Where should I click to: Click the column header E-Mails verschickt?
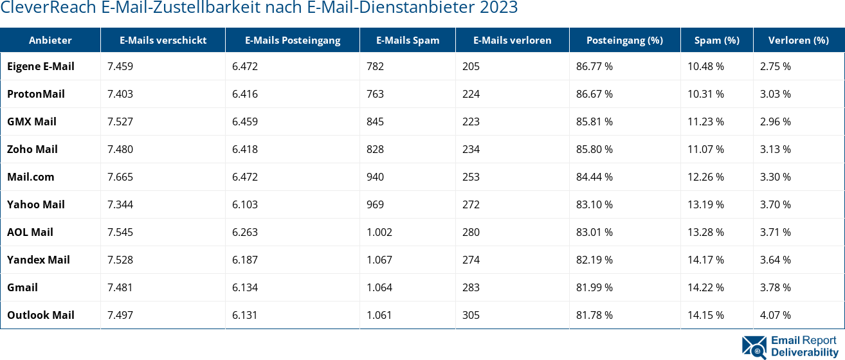click(163, 40)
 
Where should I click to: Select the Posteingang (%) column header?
click(624, 40)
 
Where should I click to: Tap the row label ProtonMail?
click(36, 94)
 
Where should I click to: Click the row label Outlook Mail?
click(41, 315)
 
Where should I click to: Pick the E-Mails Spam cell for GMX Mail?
click(375, 122)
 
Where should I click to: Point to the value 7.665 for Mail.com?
click(120, 177)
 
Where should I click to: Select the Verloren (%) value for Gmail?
click(775, 287)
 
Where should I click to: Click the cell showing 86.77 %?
click(594, 66)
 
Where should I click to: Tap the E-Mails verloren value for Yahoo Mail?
click(471, 204)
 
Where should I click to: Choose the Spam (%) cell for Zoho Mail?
click(705, 149)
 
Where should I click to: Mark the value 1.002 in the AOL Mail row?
click(379, 232)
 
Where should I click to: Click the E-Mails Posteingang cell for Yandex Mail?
click(245, 260)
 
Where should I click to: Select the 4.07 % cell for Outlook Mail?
click(775, 315)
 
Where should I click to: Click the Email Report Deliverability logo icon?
click(754, 346)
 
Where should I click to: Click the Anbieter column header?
click(50, 40)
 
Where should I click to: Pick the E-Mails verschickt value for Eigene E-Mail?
click(120, 66)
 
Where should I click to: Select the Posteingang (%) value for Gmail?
click(594, 287)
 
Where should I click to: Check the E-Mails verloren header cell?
click(512, 40)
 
